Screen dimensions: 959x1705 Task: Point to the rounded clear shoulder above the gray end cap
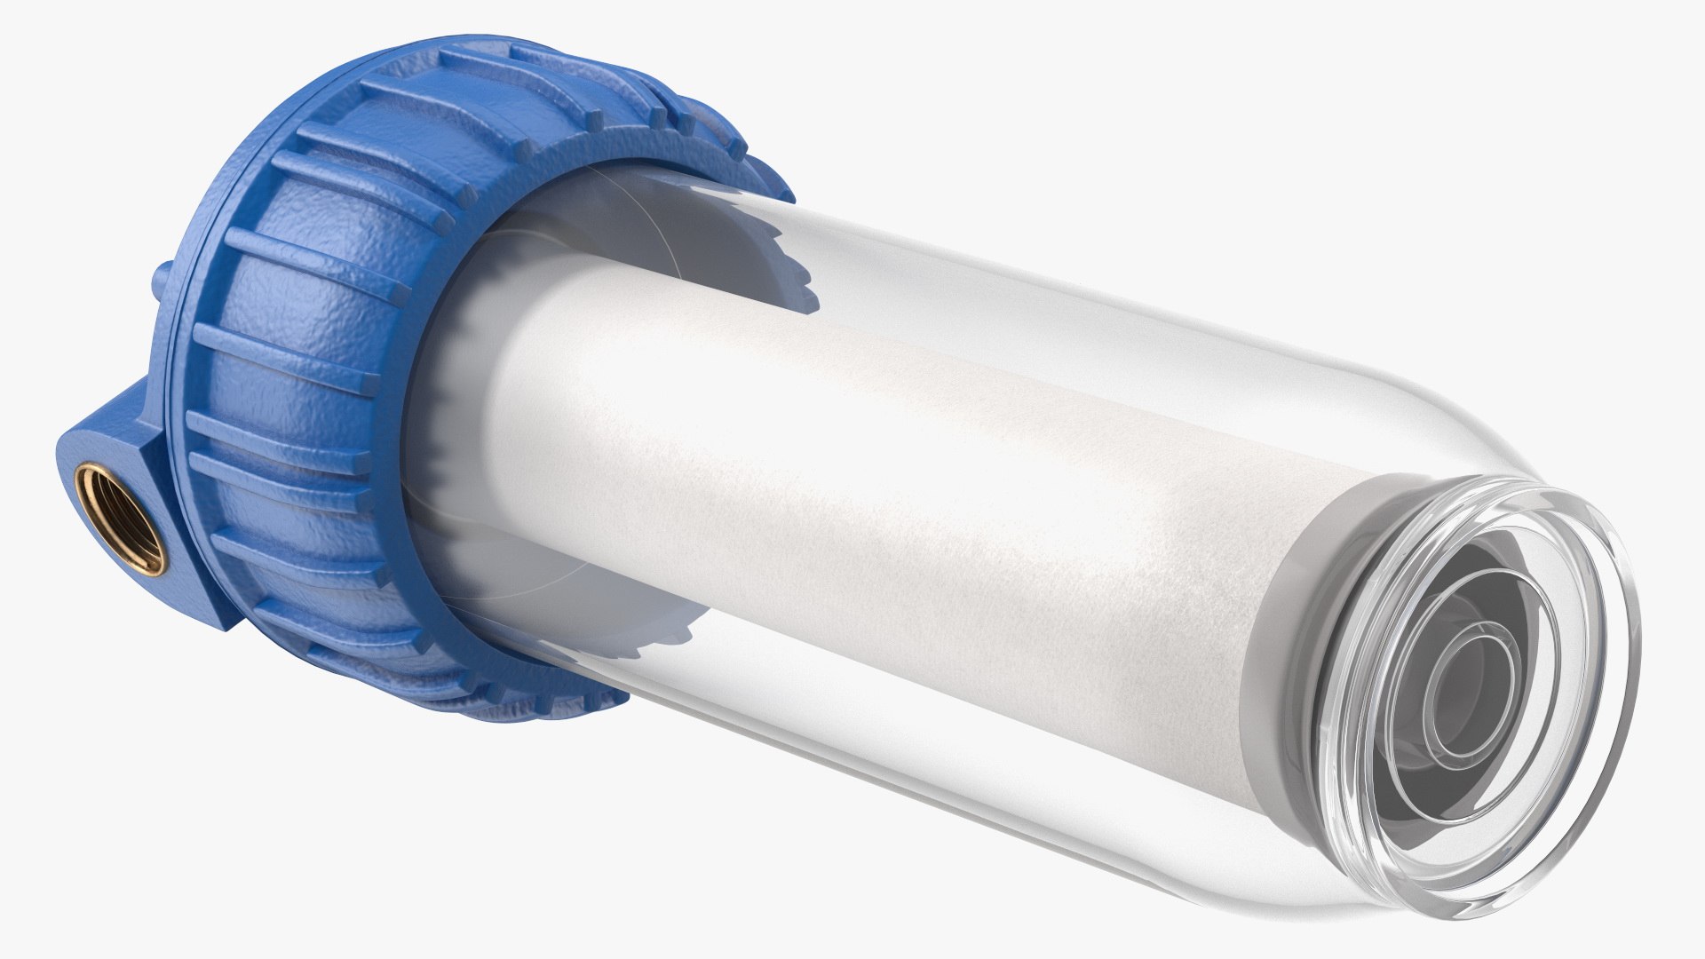tap(1421, 417)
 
